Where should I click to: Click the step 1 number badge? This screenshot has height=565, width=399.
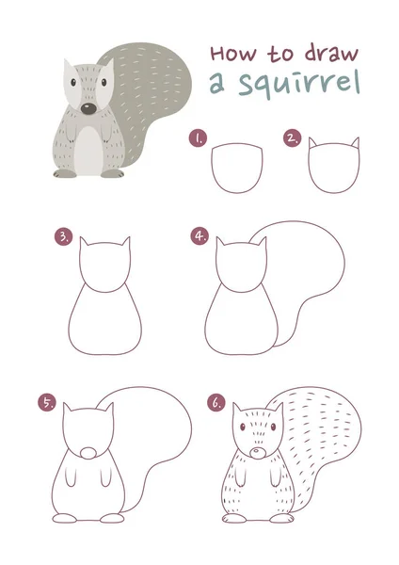click(x=198, y=138)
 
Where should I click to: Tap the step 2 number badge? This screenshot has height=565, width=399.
click(x=292, y=138)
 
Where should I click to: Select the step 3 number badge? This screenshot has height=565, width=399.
click(x=63, y=236)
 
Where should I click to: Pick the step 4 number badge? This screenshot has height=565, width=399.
click(x=199, y=236)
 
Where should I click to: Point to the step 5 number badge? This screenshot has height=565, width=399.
click(x=47, y=402)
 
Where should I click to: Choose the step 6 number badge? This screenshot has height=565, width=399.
click(x=216, y=402)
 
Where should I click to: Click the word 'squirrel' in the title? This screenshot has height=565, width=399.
click(x=299, y=85)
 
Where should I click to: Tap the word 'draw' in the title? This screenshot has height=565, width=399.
click(x=331, y=53)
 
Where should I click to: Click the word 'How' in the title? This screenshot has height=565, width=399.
click(x=233, y=53)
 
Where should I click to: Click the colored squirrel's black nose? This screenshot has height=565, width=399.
click(x=88, y=108)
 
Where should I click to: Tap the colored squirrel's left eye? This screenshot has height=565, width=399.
click(x=73, y=83)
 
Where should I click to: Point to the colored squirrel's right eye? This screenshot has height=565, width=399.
click(x=104, y=82)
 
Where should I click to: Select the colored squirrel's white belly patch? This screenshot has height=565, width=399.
click(x=88, y=152)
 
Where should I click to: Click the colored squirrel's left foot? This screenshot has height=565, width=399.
click(x=65, y=173)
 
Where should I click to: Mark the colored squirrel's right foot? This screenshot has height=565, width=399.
click(x=112, y=173)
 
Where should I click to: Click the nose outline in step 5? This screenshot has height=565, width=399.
click(x=88, y=453)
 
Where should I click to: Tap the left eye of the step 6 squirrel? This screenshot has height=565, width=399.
click(x=243, y=427)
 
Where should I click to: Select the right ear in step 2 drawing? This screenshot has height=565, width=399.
click(x=356, y=143)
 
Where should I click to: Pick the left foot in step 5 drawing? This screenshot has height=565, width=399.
click(x=65, y=518)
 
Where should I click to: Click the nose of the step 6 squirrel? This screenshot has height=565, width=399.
click(x=258, y=453)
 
